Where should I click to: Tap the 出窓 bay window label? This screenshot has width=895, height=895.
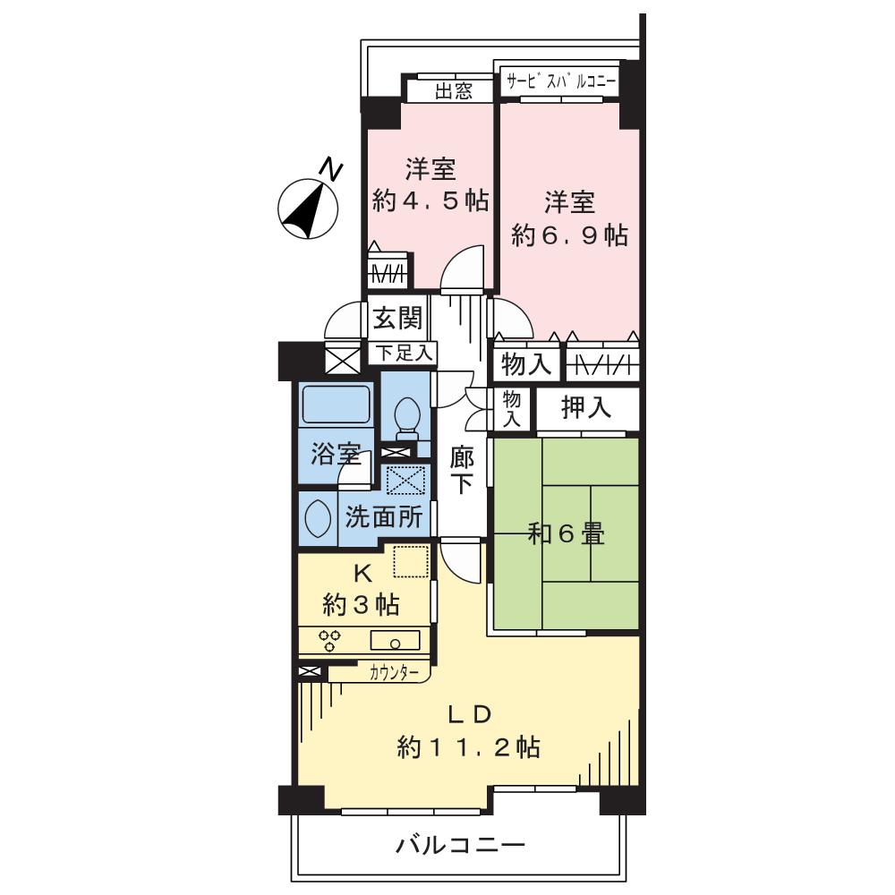click(x=453, y=90)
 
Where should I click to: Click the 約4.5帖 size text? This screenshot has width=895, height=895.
click(x=430, y=200)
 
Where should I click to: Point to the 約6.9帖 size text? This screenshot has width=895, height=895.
click(x=569, y=234)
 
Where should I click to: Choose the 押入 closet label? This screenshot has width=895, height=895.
click(x=586, y=408)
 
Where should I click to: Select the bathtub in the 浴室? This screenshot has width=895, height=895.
click(x=336, y=405)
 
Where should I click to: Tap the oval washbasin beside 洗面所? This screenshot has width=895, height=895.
click(x=316, y=518)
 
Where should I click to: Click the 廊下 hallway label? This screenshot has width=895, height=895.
click(x=462, y=471)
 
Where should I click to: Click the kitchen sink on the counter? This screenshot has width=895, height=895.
click(x=395, y=640)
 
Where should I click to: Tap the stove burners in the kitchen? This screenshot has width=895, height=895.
click(x=330, y=641)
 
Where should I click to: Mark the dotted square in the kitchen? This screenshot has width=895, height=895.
click(x=411, y=563)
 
